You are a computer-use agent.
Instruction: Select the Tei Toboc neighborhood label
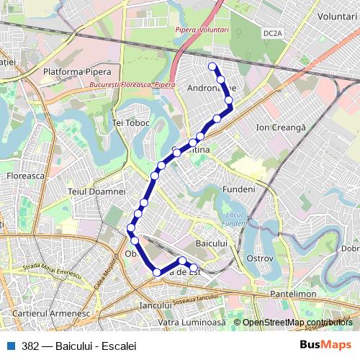[131, 122]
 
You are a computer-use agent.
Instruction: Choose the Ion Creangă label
[282, 127]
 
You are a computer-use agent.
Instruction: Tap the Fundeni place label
[239, 189]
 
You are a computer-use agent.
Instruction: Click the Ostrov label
[260, 258]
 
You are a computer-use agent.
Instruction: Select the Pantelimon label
[294, 294]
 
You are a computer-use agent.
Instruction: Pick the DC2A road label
[272, 33]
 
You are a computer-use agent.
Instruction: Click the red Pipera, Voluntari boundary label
[202, 30]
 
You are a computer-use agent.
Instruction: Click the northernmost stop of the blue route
[212, 67]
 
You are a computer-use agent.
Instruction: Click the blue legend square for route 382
[11, 346]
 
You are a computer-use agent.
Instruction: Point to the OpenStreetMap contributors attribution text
[297, 323]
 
